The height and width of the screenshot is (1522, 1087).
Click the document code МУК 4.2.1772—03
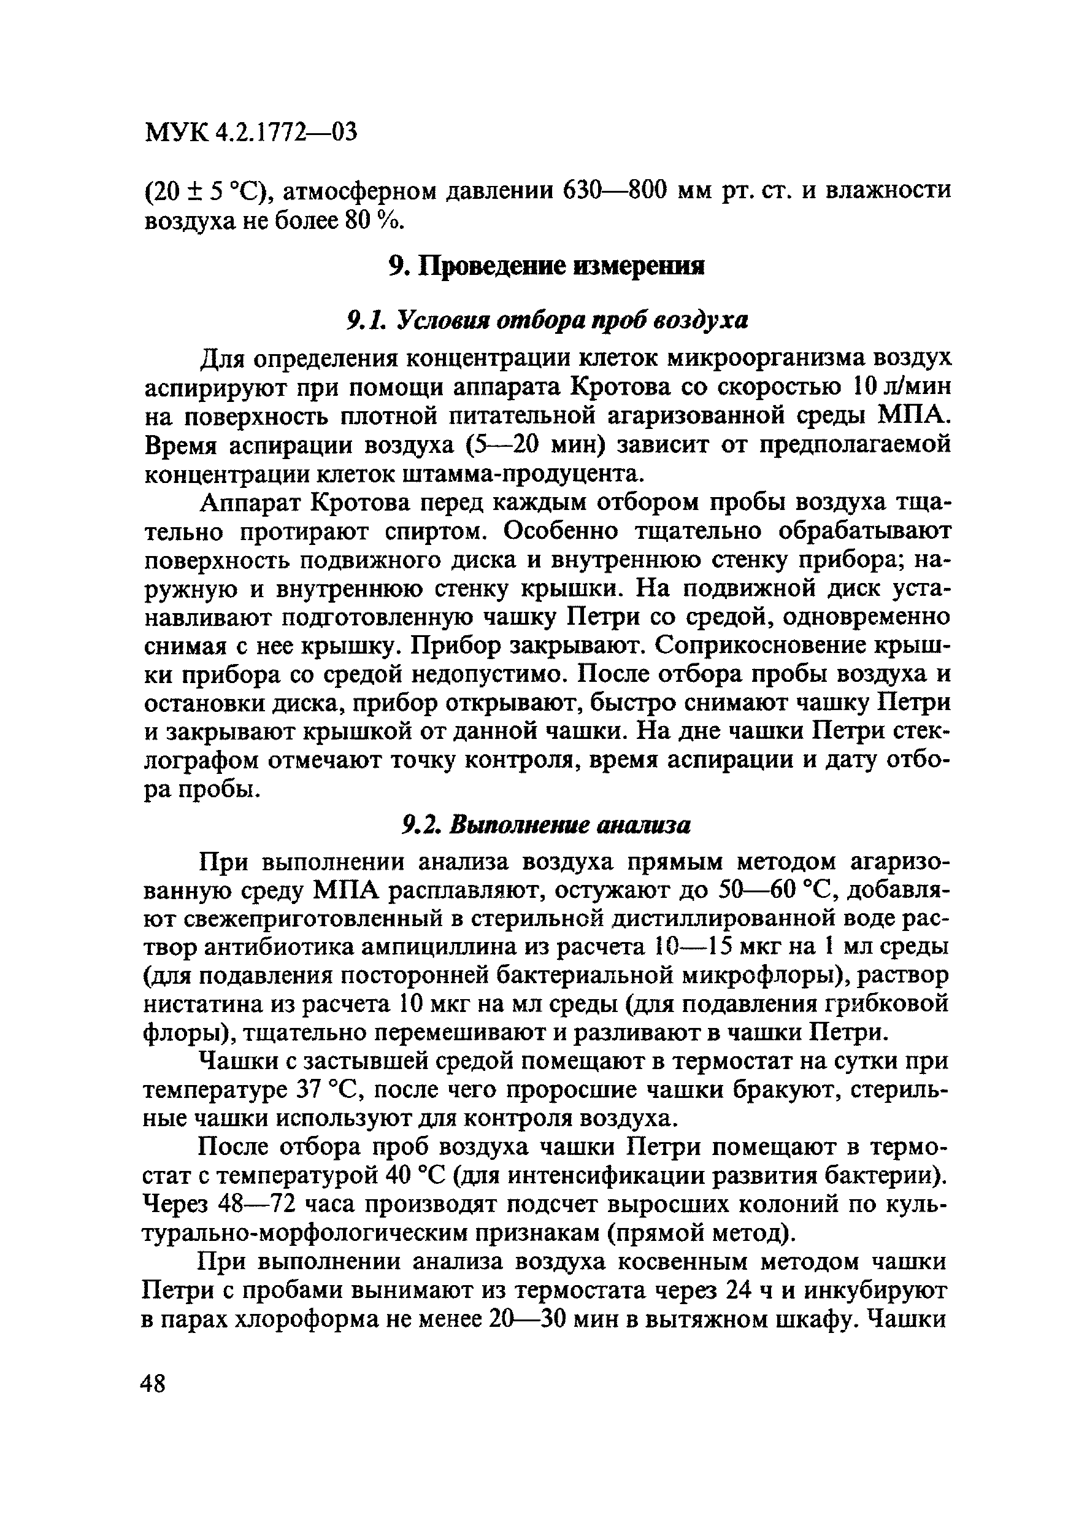point(251,132)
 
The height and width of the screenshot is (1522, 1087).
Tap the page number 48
point(153,1381)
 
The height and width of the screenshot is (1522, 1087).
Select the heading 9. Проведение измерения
point(546,266)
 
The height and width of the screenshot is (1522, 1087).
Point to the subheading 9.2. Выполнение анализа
point(546,825)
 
